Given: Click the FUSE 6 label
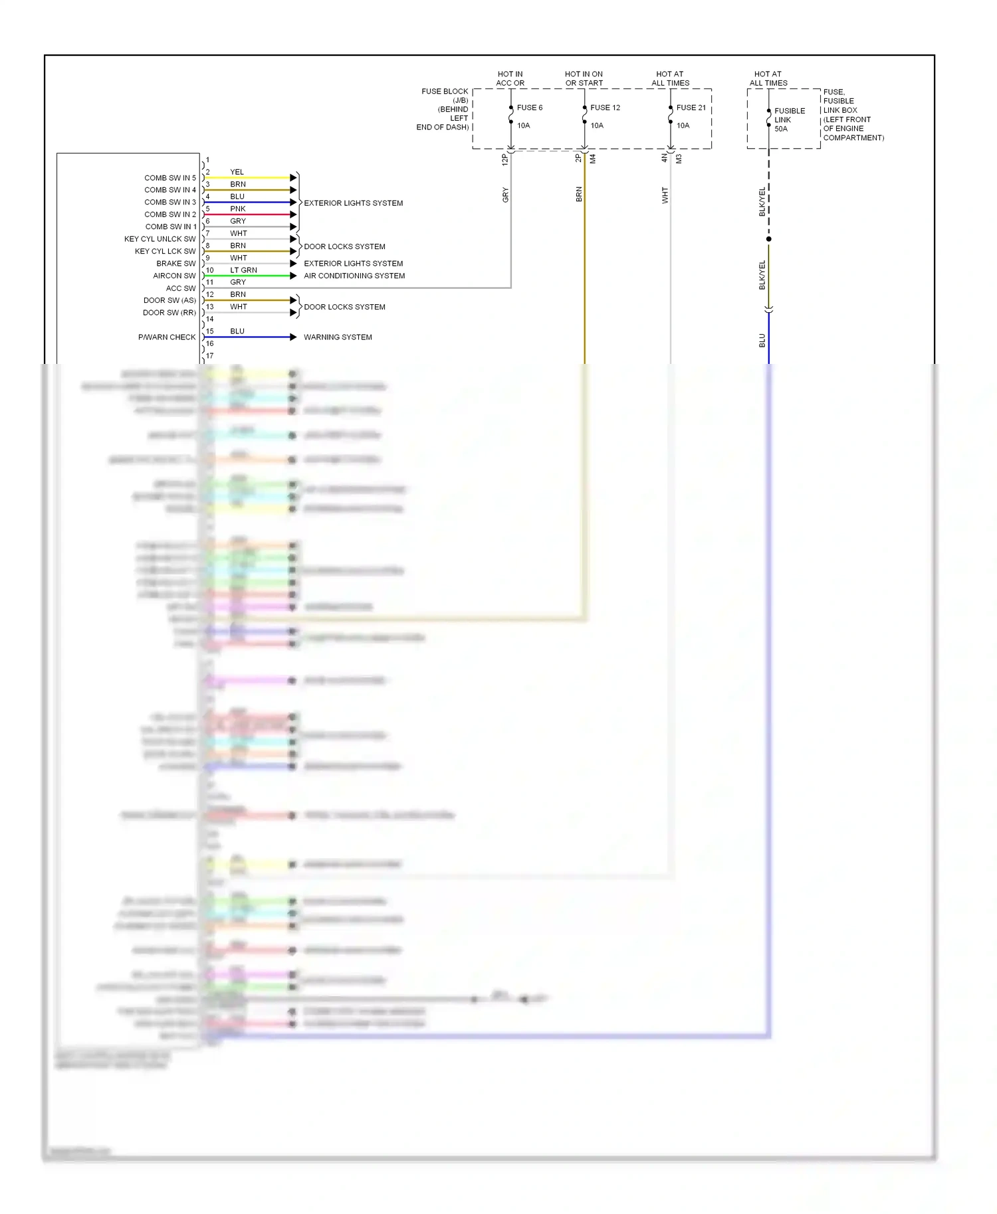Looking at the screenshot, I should tap(529, 108).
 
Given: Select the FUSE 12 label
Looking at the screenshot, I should tap(605, 108).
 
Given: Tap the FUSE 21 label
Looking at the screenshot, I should tap(691, 108).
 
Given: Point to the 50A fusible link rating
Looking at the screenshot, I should tap(781, 129).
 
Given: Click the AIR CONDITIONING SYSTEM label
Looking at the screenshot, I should tap(354, 276).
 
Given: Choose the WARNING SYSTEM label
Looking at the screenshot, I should tap(338, 337).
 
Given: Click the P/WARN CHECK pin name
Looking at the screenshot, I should tap(167, 337).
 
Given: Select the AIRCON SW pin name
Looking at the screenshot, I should tap(174, 276).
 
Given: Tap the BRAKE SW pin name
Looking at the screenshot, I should tap(176, 264).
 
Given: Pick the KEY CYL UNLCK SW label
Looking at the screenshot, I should tap(160, 239).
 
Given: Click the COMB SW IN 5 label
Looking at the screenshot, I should tap(170, 178).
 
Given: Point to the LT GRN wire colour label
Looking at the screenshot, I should tap(243, 270).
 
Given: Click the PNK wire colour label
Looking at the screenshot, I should tap(238, 209).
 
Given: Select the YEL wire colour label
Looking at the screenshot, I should tap(237, 172).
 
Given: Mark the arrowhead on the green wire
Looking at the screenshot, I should tap(293, 276).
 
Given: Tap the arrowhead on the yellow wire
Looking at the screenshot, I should tap(293, 178).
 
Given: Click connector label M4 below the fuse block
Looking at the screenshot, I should tap(593, 159).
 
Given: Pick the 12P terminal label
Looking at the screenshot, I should tap(504, 159).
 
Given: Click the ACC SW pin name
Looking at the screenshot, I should tap(181, 288).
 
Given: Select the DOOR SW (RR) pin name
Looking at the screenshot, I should tap(169, 313).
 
